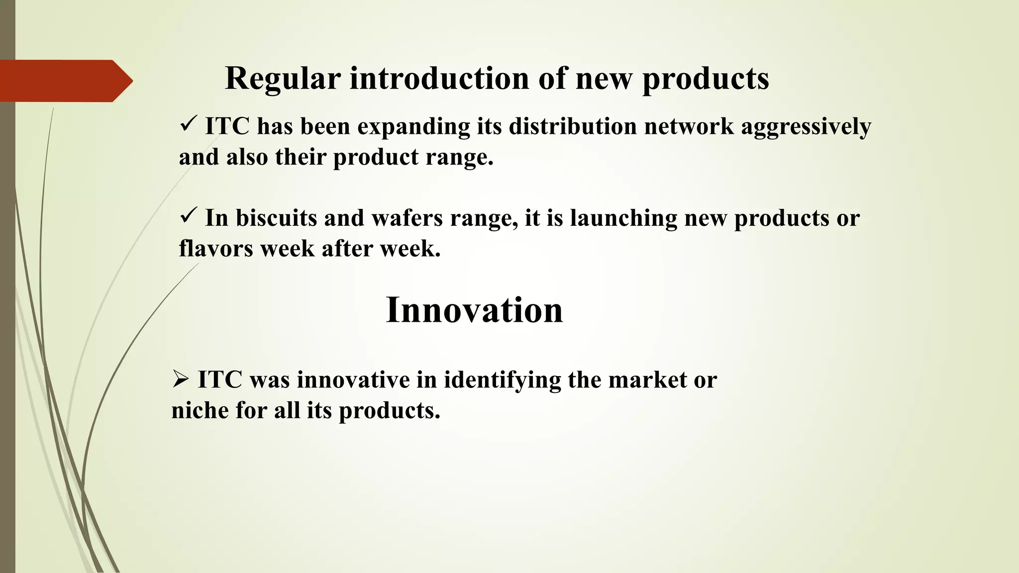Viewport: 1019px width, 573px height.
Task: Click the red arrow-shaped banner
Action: click(65, 81)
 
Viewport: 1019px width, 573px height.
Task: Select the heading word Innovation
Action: click(474, 310)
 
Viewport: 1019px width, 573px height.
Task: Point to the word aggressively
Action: click(806, 126)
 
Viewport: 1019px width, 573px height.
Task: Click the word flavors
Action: click(216, 249)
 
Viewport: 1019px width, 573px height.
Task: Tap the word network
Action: click(689, 126)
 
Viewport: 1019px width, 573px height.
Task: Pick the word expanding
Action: click(413, 126)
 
